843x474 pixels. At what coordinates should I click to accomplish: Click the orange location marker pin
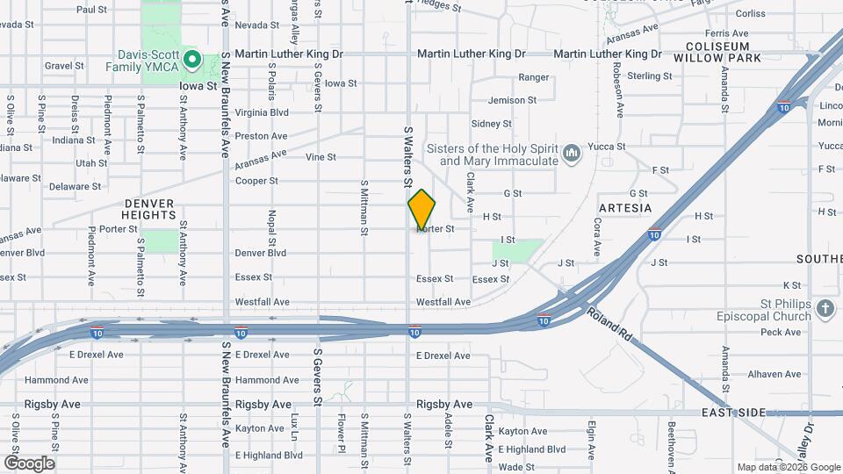[421, 210]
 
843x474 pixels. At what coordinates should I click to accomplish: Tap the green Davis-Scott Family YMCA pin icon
[191, 61]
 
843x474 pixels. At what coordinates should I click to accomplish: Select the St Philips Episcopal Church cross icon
[825, 308]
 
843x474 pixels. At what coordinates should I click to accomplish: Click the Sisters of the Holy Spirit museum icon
[572, 154]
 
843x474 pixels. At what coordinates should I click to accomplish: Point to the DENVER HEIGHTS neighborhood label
[149, 209]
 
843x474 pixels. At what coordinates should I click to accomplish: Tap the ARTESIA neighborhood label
[625, 208]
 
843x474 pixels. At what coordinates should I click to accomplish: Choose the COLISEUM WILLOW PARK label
[717, 52]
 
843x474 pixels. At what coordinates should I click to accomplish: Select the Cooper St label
[256, 182]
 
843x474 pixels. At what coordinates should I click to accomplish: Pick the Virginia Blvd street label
[262, 113]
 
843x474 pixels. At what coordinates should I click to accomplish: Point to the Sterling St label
[650, 76]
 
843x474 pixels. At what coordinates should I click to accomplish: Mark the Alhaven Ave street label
[775, 374]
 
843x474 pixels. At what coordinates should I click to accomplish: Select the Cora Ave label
[597, 238]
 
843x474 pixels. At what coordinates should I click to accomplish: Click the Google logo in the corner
[29, 463]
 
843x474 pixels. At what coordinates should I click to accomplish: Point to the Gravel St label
[63, 65]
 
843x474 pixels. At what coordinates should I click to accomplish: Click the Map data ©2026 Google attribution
[787, 468]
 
